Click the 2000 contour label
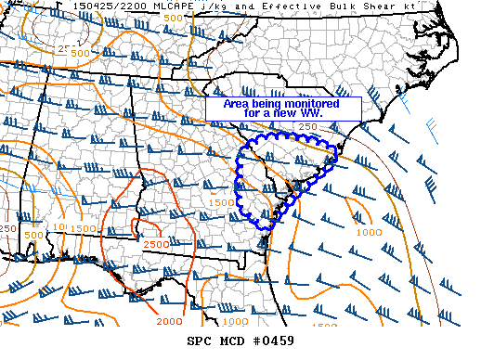[x=170, y=321]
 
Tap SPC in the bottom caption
[x=213, y=341]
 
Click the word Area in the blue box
[x=236, y=103]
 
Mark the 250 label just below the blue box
[x=308, y=127]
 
